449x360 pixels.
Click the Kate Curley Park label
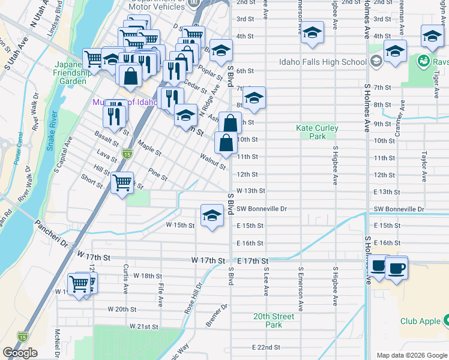click(317, 132)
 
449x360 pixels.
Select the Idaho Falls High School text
click(322, 62)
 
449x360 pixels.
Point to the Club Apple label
click(421, 321)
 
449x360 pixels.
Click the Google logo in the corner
click(20, 353)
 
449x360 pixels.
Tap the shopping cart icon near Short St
click(122, 182)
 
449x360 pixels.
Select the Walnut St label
click(214, 161)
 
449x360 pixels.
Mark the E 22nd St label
click(266, 347)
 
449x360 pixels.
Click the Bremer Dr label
click(217, 315)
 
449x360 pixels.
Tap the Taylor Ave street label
click(424, 162)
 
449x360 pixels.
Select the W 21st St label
click(143, 326)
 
